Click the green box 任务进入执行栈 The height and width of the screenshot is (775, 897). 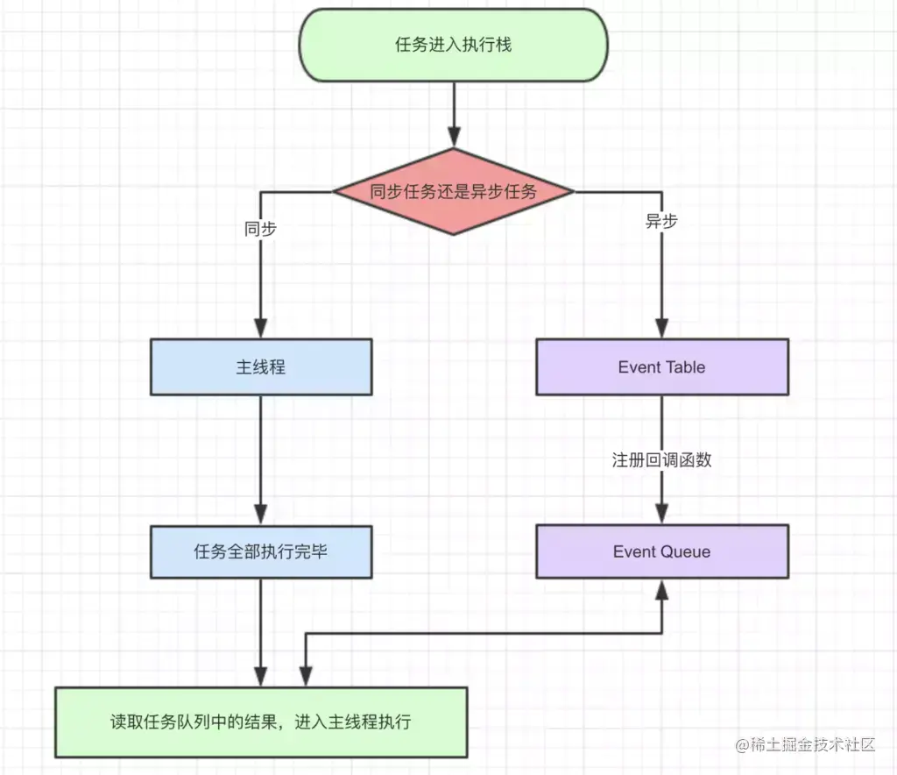click(x=453, y=45)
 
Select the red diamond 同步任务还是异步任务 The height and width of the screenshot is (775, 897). click(x=453, y=191)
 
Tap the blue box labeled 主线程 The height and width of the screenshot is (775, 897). click(x=261, y=367)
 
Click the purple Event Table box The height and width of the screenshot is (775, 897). click(x=661, y=367)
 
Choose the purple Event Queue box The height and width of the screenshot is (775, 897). click(x=661, y=551)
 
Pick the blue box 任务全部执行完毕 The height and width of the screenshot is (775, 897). click(x=261, y=551)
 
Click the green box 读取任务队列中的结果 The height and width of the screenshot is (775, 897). click(x=261, y=722)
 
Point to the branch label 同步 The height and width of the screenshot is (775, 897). click(x=260, y=230)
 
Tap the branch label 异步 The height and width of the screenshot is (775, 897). click(x=661, y=221)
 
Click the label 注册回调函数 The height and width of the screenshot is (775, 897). click(x=661, y=459)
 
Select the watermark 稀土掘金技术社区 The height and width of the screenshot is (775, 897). click(x=806, y=744)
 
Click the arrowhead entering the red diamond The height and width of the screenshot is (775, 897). click(x=453, y=137)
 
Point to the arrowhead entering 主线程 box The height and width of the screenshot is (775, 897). click(x=261, y=330)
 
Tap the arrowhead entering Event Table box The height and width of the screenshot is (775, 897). click(x=661, y=330)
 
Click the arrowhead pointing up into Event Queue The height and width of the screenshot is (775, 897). click(x=661, y=589)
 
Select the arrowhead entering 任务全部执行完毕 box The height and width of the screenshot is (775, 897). click(x=261, y=515)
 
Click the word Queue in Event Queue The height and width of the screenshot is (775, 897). click(x=685, y=551)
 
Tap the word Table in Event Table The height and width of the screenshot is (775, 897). click(x=687, y=367)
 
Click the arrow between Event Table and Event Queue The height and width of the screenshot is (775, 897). click(x=661, y=491)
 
